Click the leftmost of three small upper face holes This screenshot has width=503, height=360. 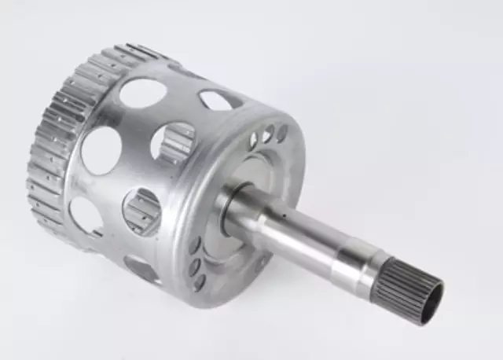point(253,141)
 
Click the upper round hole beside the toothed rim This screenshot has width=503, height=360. point(101,150)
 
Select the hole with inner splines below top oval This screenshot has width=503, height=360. point(172,142)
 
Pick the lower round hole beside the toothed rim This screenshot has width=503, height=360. point(85,215)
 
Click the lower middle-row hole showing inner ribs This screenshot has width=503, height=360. point(142,211)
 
